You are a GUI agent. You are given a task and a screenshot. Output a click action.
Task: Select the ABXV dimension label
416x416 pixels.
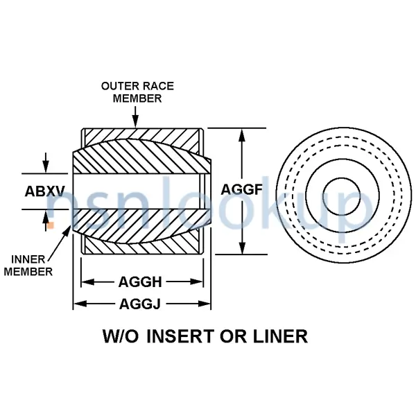click(x=45, y=191)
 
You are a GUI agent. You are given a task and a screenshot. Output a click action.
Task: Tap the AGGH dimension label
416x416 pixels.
click(x=140, y=282)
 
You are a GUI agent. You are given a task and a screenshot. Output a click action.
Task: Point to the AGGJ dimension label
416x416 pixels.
click(x=140, y=304)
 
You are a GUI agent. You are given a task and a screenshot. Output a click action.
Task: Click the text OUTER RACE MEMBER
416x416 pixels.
click(x=137, y=92)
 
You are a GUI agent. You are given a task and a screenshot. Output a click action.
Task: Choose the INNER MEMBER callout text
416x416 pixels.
click(x=28, y=266)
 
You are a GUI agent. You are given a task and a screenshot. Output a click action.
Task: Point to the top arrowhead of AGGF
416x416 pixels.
click(x=242, y=133)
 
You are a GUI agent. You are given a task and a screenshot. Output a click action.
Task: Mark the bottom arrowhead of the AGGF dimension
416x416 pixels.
click(x=242, y=250)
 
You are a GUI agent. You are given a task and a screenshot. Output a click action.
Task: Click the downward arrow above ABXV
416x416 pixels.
click(x=46, y=167)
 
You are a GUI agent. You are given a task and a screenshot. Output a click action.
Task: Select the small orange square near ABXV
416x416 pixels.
click(x=50, y=225)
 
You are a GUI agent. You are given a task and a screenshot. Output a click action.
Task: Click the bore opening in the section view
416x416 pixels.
click(x=139, y=191)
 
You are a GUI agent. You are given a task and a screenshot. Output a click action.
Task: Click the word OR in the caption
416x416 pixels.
click(x=232, y=337)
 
